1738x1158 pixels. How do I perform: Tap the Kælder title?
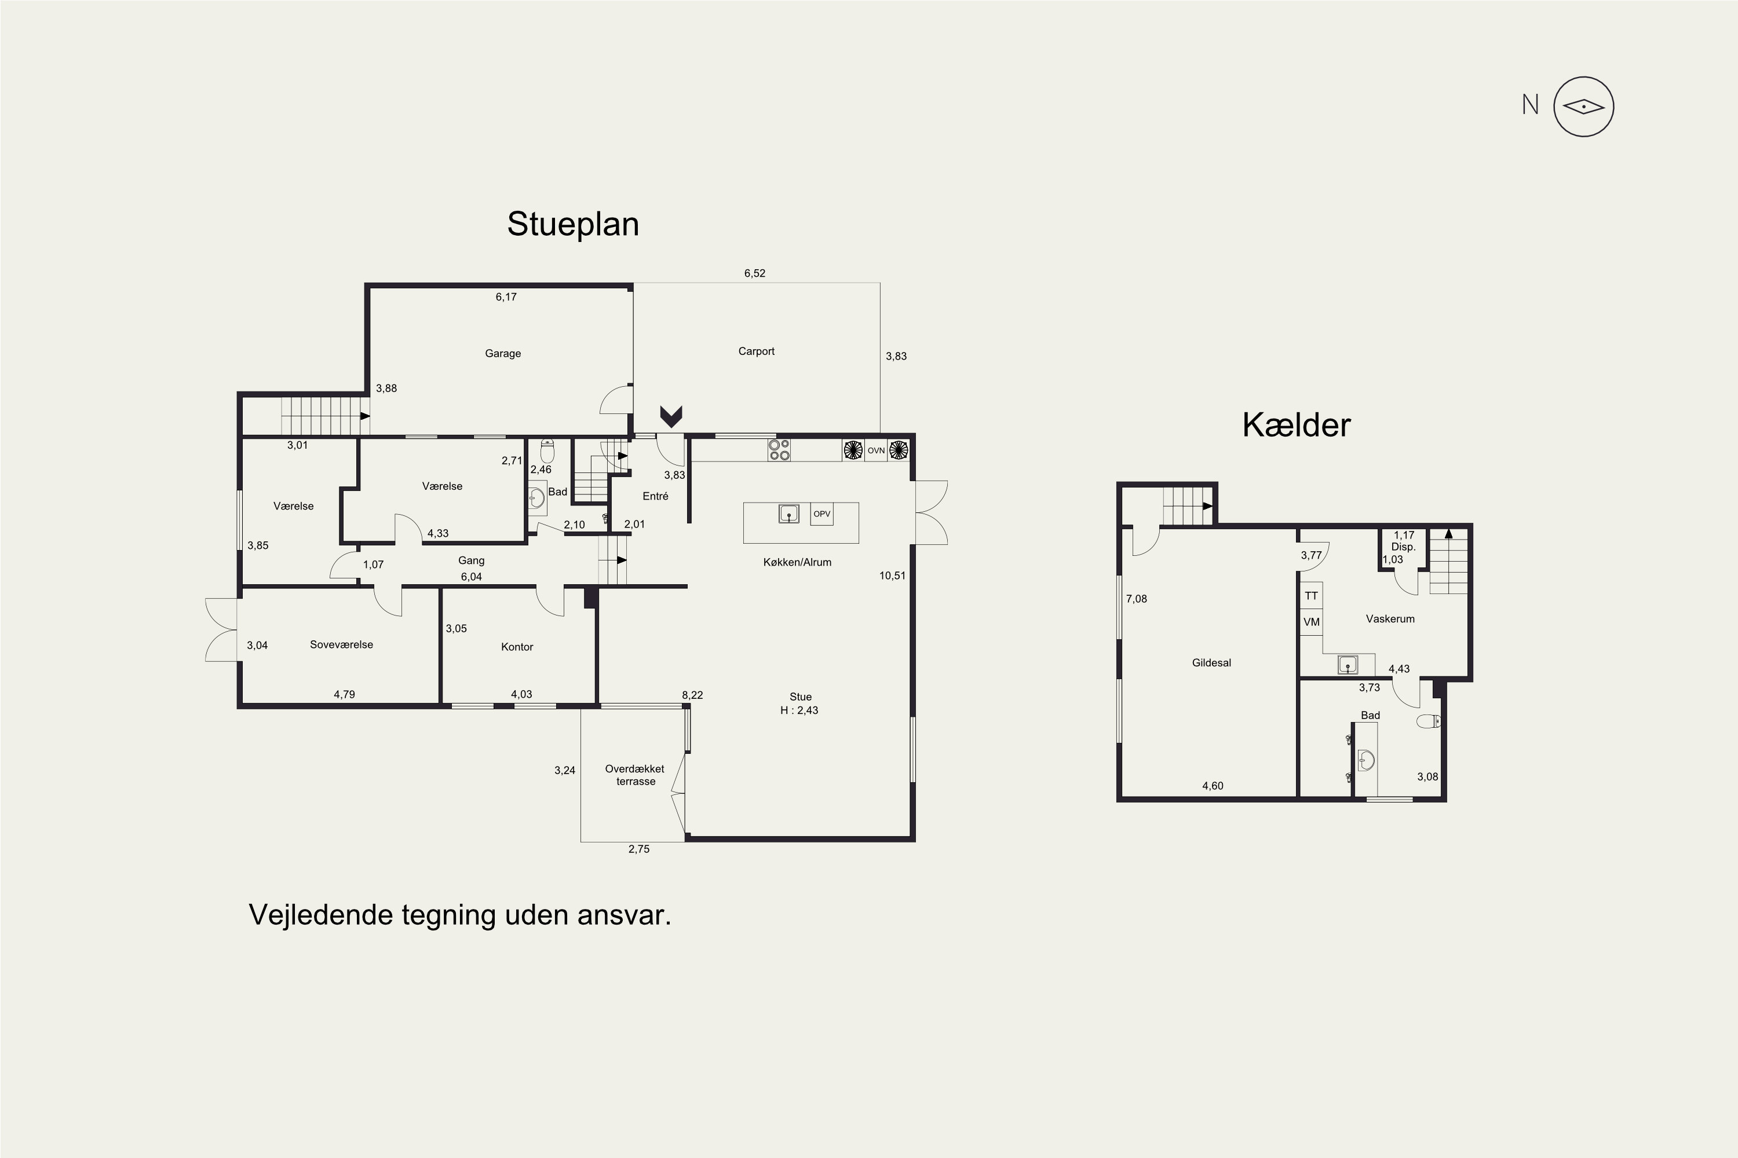[x=1296, y=424]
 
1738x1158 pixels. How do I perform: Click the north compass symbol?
[x=1583, y=107]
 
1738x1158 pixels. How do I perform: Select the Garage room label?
[x=502, y=354]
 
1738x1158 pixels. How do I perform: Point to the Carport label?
[x=756, y=351]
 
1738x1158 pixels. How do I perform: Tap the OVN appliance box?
[x=875, y=450]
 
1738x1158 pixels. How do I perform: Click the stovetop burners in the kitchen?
[x=779, y=450]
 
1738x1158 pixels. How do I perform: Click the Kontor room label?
[x=517, y=647]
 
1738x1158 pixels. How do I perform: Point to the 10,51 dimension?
[x=892, y=576]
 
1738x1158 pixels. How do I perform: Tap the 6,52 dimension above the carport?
[x=754, y=273]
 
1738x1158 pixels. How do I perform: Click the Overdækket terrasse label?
[x=635, y=775]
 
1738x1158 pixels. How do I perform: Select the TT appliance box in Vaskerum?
[x=1311, y=596]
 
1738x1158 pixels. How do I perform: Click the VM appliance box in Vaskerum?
[x=1311, y=622]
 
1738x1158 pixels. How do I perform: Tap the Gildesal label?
[x=1211, y=663]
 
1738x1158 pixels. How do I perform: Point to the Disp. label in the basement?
[x=1403, y=547]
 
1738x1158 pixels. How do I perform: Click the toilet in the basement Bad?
[x=1429, y=721]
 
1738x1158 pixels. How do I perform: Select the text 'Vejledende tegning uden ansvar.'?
[x=459, y=915]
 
